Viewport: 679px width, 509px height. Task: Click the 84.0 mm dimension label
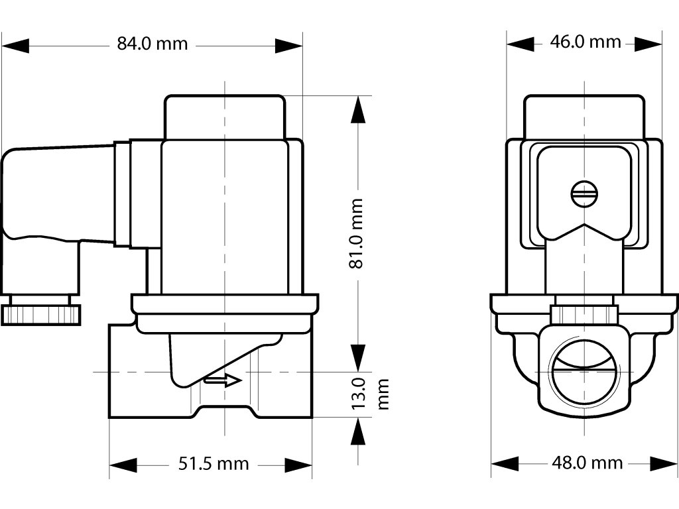153,44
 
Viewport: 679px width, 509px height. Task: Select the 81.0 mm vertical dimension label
357,233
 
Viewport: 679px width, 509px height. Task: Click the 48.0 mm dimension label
587,463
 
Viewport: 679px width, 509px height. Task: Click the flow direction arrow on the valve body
222,380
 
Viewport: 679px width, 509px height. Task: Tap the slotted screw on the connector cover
584,194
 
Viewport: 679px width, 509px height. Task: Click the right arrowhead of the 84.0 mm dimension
288,45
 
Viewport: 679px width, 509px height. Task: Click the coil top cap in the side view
225,117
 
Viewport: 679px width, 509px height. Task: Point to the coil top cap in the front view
584,117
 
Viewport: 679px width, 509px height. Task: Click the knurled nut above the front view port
584,311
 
